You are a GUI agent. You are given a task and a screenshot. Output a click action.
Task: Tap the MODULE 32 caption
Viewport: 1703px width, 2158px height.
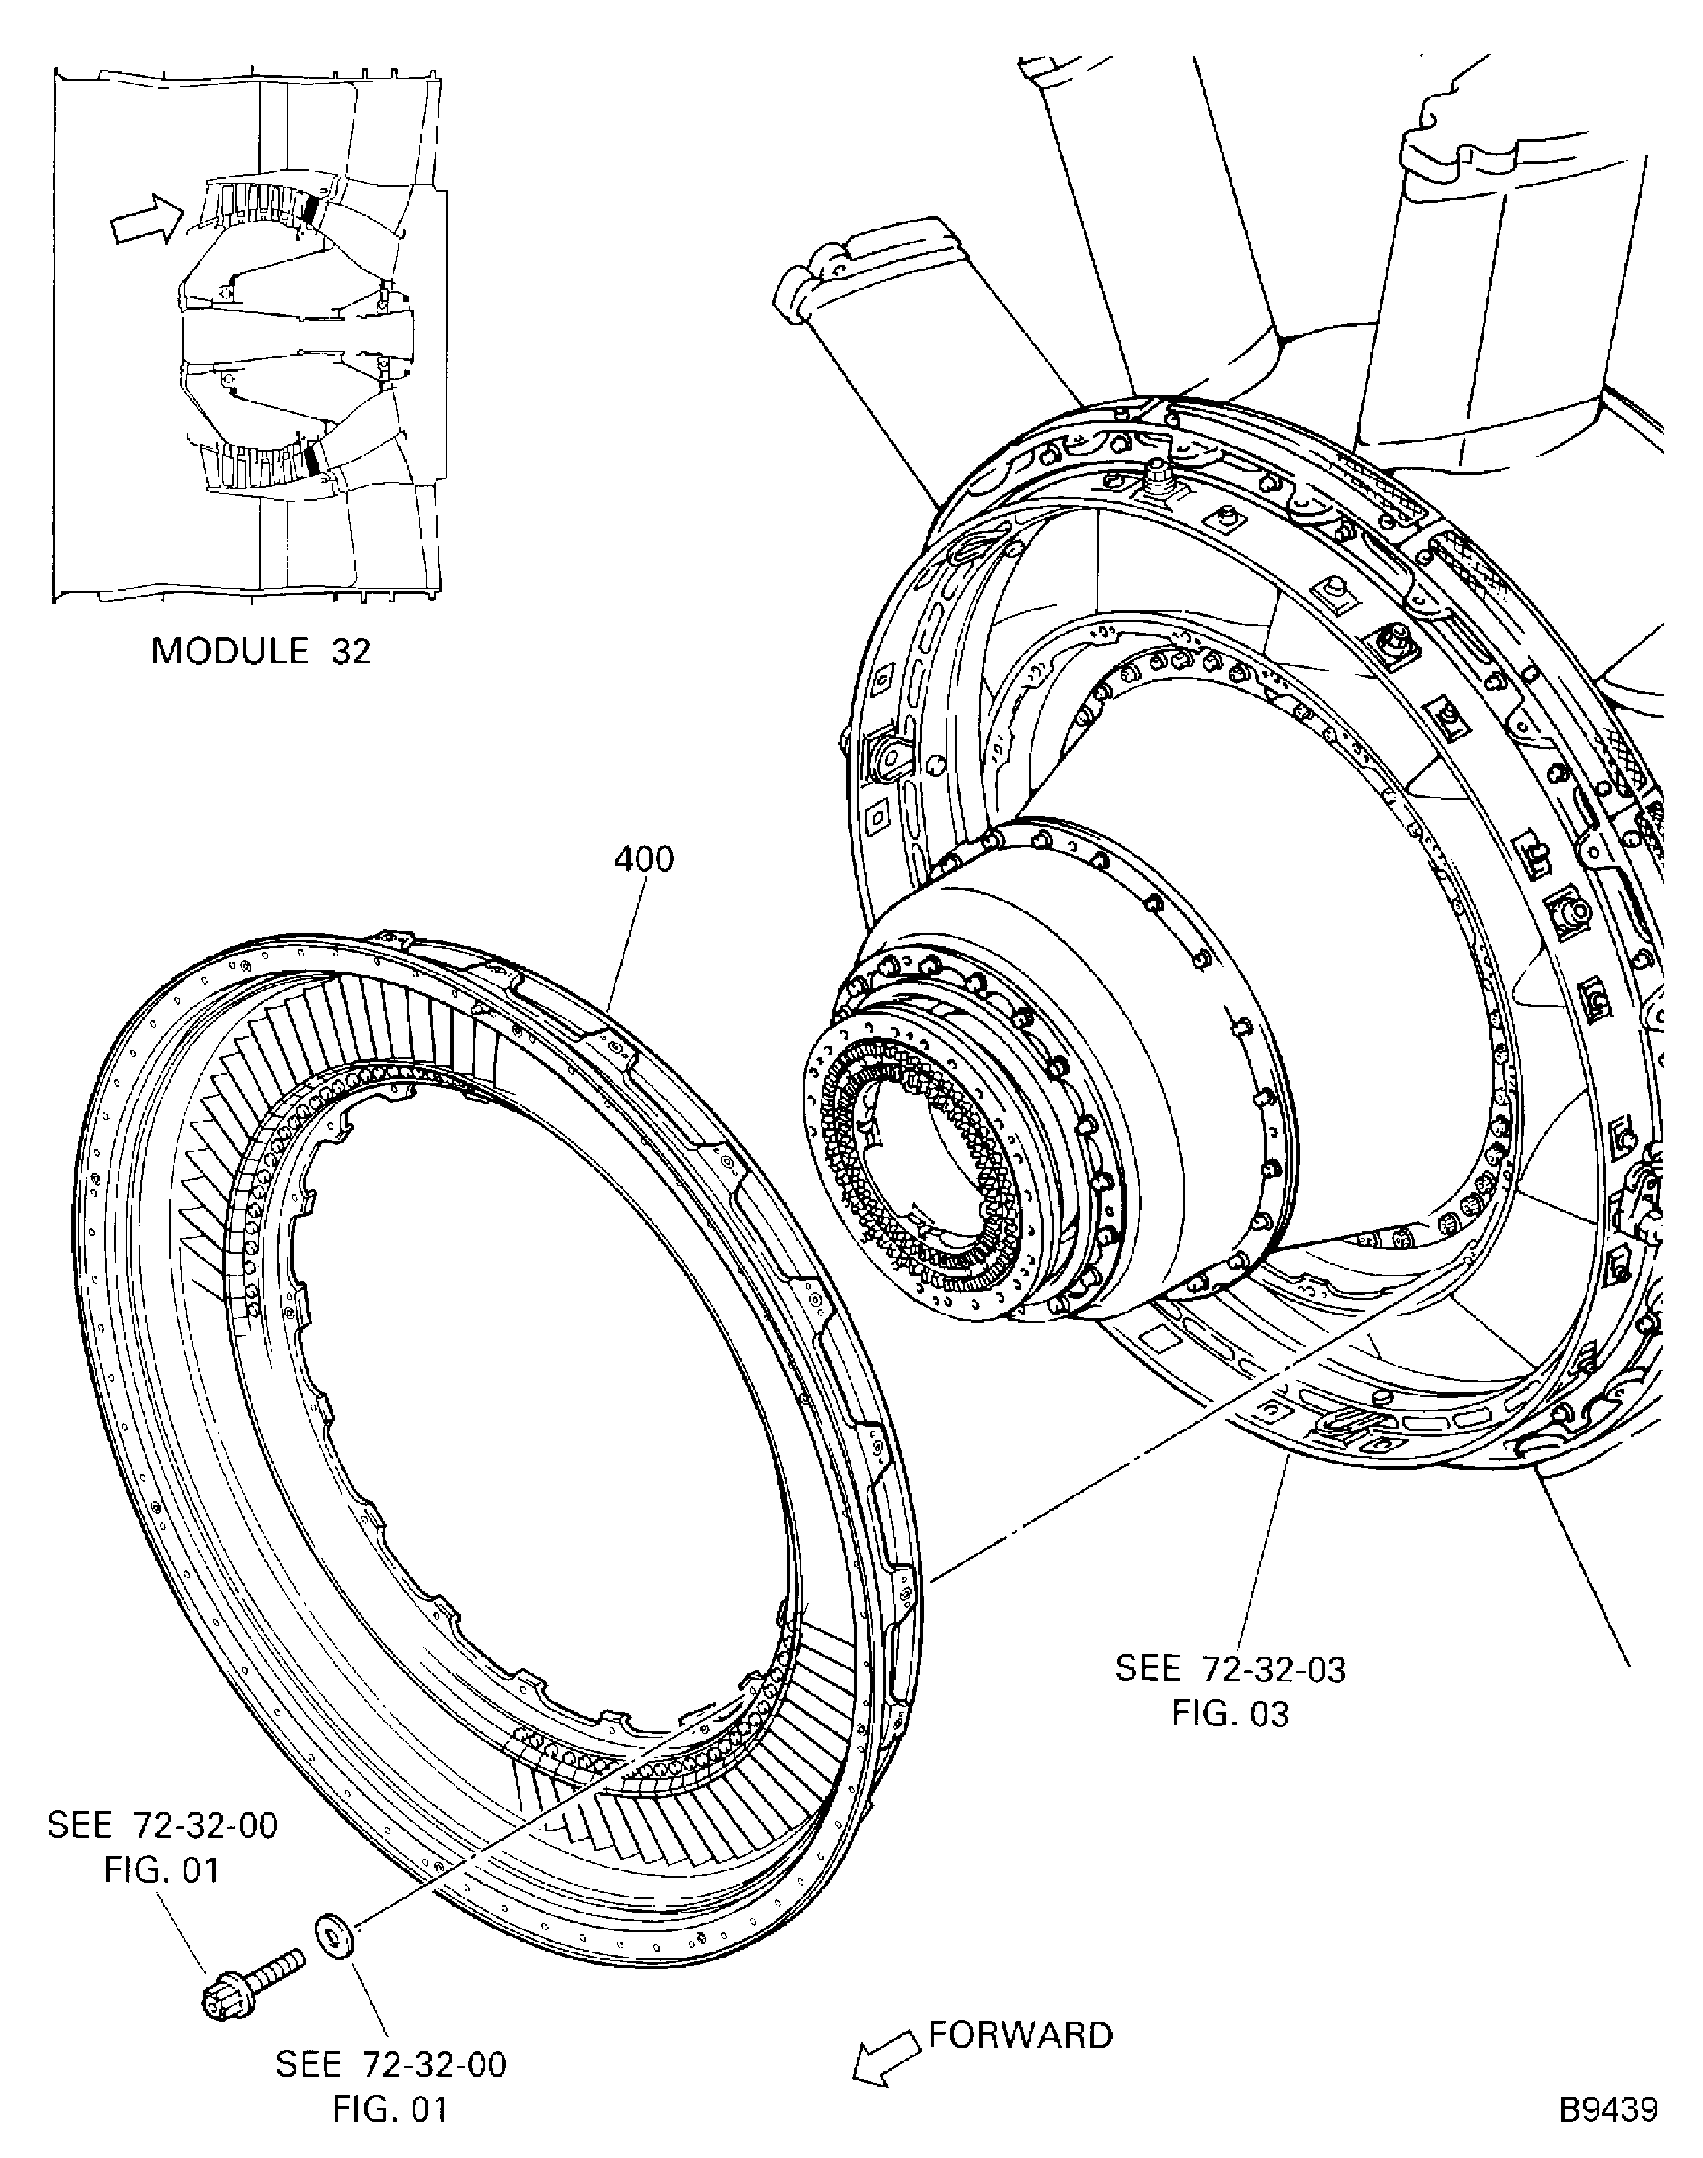pos(260,651)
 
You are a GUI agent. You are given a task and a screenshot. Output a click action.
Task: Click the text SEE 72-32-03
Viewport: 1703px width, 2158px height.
pos(1230,1669)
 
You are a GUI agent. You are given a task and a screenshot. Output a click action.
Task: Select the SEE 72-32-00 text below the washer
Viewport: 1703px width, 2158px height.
pos(391,2063)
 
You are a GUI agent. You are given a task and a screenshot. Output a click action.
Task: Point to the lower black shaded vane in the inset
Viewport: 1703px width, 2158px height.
pos(315,459)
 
